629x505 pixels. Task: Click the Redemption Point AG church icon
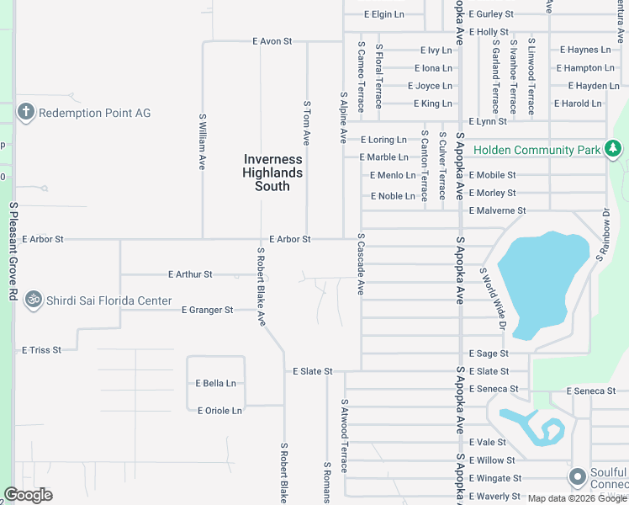click(x=25, y=113)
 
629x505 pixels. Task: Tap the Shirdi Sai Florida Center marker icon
click(x=34, y=300)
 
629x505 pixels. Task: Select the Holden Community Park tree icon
click(x=613, y=150)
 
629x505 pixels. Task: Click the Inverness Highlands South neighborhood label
click(x=272, y=173)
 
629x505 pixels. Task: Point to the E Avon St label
click(x=272, y=40)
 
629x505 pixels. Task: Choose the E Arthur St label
click(x=190, y=274)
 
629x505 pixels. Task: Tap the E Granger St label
click(x=207, y=311)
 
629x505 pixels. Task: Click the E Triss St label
click(x=41, y=349)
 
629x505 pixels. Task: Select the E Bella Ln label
click(x=216, y=383)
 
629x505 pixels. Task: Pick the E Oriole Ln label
click(x=219, y=411)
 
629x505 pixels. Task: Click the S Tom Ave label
click(x=307, y=123)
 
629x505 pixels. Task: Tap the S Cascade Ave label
click(x=361, y=263)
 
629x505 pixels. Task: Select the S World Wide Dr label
click(x=492, y=298)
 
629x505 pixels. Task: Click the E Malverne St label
click(x=497, y=210)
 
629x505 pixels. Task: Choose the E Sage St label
click(x=489, y=354)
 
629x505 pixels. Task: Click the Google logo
click(x=28, y=495)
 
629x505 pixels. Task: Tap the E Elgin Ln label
click(x=384, y=14)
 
